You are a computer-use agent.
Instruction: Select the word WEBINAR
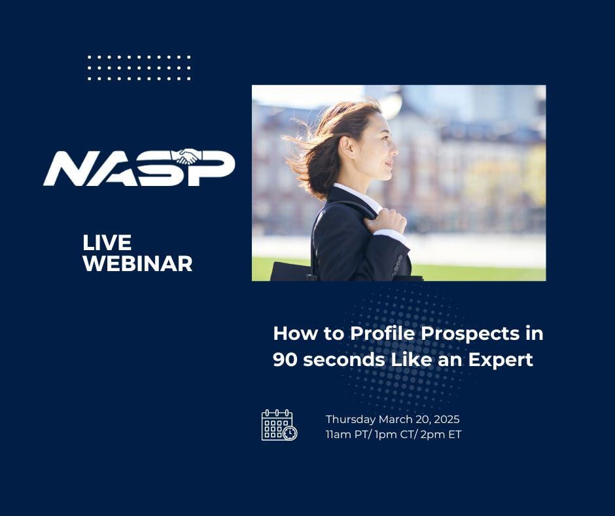pyautogui.click(x=137, y=263)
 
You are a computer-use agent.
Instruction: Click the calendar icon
pyautogui.click(x=279, y=425)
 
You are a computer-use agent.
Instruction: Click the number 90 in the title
pyautogui.click(x=285, y=359)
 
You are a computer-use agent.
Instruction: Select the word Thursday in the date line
pyautogui.click(x=349, y=419)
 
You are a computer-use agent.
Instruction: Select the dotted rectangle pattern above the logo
pyautogui.click(x=139, y=68)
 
